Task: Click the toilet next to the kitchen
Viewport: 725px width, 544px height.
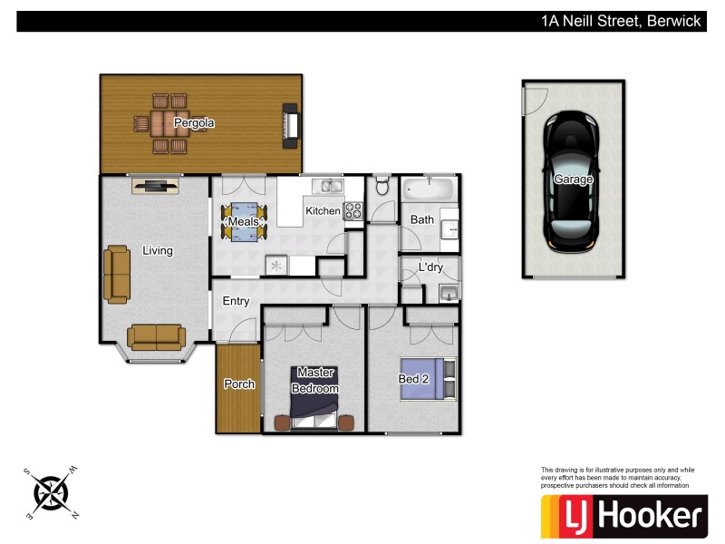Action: [x=382, y=187]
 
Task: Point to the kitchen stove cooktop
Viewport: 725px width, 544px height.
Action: [x=353, y=211]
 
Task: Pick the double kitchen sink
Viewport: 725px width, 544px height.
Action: [x=327, y=187]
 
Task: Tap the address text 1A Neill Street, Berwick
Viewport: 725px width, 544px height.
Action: [x=621, y=21]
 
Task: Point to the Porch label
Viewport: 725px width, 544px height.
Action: [x=239, y=384]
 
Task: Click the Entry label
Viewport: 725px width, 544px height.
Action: [x=236, y=302]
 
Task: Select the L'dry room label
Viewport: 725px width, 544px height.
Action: [x=430, y=267]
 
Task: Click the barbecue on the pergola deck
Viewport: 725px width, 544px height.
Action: [x=290, y=123]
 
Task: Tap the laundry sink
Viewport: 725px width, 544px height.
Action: [x=447, y=293]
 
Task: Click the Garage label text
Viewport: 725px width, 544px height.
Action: [x=574, y=180]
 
